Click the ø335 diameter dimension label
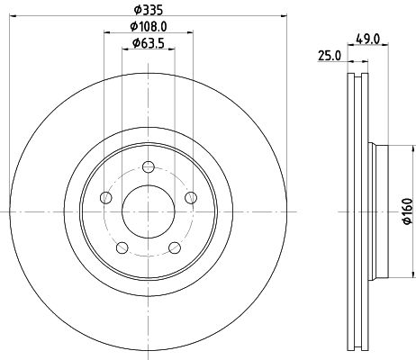(x=149, y=10)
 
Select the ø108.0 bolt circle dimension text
(x=149, y=27)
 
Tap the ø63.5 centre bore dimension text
(x=149, y=43)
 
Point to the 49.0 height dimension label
(x=368, y=39)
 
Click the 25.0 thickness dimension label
(x=330, y=56)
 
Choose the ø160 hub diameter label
(x=408, y=211)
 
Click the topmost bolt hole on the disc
(x=149, y=166)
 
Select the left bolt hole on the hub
(x=105, y=198)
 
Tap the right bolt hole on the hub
(x=191, y=198)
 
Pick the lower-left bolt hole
(x=122, y=247)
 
